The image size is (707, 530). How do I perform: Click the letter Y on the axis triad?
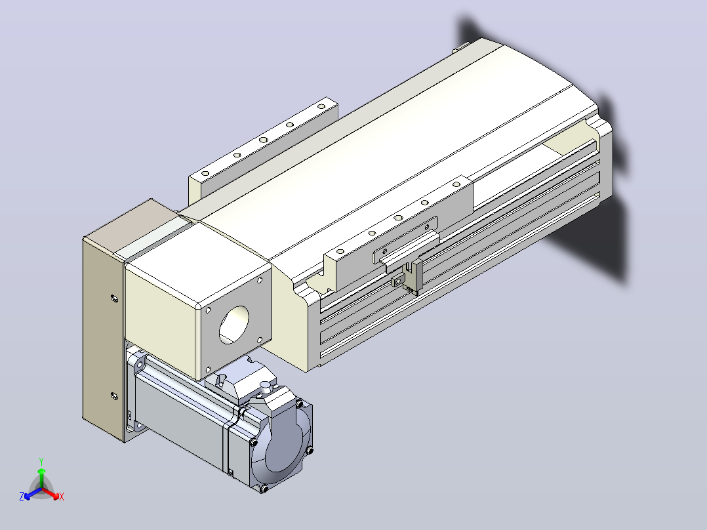pos(41,461)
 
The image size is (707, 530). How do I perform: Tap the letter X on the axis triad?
pos(62,497)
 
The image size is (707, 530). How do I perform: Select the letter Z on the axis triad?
pos(22,496)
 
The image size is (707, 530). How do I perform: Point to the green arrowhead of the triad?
pos(41,471)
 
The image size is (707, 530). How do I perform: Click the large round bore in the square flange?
pos(233,325)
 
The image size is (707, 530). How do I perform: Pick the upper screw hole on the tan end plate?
pos(114,298)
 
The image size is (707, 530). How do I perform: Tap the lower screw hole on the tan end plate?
pos(114,396)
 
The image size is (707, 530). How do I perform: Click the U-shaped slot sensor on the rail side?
pos(414,277)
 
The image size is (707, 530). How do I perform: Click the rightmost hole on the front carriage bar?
pos(456,184)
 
